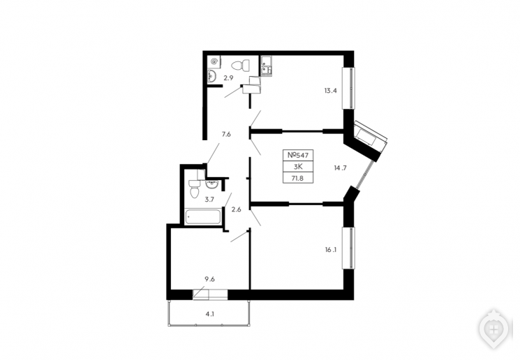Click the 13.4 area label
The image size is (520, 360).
point(330,91)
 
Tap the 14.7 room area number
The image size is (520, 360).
point(340,168)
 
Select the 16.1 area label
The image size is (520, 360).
point(331,250)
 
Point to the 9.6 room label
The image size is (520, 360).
point(209,279)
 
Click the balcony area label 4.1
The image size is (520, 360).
point(209,313)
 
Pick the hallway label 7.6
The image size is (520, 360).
point(226,134)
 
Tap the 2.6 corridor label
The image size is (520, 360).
point(236,209)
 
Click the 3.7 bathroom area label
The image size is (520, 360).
point(209,200)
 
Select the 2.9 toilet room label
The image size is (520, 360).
point(228,78)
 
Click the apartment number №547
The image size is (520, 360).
point(298,155)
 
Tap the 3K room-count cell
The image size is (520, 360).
point(298,167)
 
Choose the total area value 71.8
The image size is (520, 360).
point(298,179)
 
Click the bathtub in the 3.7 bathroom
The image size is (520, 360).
point(202,217)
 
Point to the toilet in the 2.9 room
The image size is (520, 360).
point(241,66)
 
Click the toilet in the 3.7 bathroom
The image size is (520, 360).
point(194,189)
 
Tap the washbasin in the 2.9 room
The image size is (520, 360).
point(211,76)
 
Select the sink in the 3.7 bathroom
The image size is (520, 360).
point(211,184)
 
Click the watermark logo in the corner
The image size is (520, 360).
point(493,329)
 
